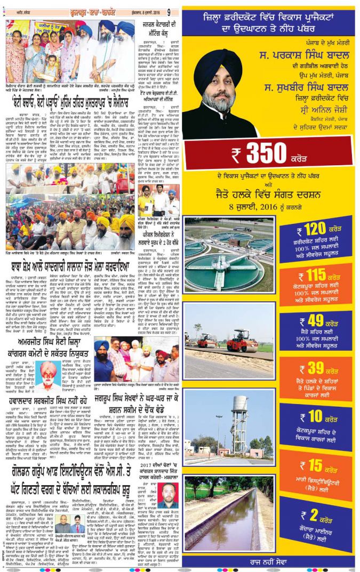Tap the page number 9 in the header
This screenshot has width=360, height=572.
tap(169, 11)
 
